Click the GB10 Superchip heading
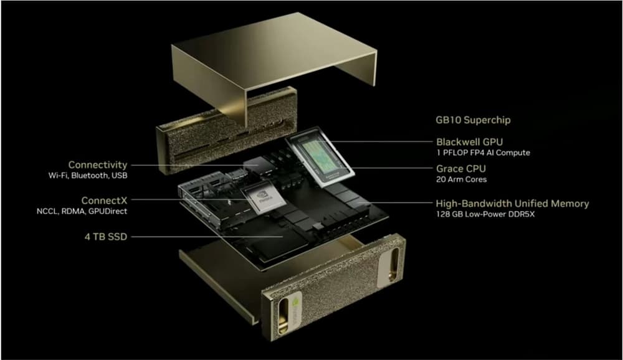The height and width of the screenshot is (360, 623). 473,120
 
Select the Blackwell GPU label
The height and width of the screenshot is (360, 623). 469,142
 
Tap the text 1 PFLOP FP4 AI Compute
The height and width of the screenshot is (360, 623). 483,153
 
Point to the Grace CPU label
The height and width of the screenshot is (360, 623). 461,168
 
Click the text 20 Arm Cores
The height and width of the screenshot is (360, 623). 461,179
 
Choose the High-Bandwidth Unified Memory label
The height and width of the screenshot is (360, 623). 512,204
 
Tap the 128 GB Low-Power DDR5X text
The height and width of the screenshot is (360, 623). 485,214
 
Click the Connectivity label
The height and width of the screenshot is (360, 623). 98,165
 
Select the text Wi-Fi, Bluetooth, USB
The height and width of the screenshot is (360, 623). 88,175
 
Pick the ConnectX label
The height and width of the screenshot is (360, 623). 104,201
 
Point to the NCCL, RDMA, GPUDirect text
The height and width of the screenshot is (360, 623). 82,211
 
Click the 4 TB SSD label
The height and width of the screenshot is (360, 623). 106,237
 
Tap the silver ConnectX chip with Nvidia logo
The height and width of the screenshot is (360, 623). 263,197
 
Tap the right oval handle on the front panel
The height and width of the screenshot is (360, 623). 393,264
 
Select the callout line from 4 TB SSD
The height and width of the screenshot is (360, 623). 207,237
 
